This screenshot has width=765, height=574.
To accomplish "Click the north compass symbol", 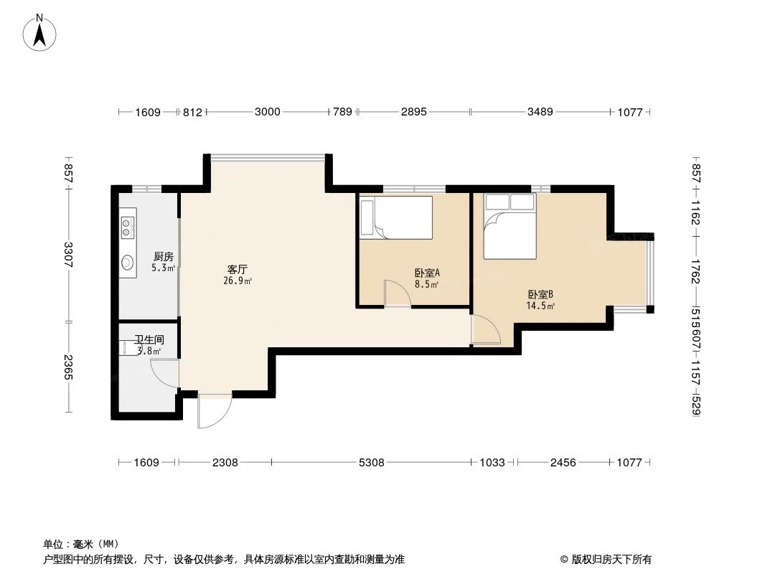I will (41, 32).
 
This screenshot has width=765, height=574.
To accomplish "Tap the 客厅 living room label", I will (238, 270).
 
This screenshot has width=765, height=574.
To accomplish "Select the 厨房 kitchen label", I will (163, 256).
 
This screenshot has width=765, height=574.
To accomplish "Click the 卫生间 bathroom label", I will (149, 339).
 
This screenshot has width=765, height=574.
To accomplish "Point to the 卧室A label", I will (427, 273).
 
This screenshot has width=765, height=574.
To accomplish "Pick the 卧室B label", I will (540, 294).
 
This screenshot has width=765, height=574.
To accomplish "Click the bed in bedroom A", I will (396, 217).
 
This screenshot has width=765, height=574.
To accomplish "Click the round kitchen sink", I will (128, 263).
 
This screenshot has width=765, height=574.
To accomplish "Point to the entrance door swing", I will (214, 410).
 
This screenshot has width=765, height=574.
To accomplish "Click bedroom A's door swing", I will (397, 294).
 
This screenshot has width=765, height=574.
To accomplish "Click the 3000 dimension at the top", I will (267, 112).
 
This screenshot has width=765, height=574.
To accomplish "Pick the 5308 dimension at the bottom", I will (371, 463).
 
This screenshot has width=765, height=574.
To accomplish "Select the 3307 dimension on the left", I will (69, 255).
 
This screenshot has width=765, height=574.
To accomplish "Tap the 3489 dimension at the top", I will (540, 112).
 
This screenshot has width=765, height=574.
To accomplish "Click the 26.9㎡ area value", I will (238, 281).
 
